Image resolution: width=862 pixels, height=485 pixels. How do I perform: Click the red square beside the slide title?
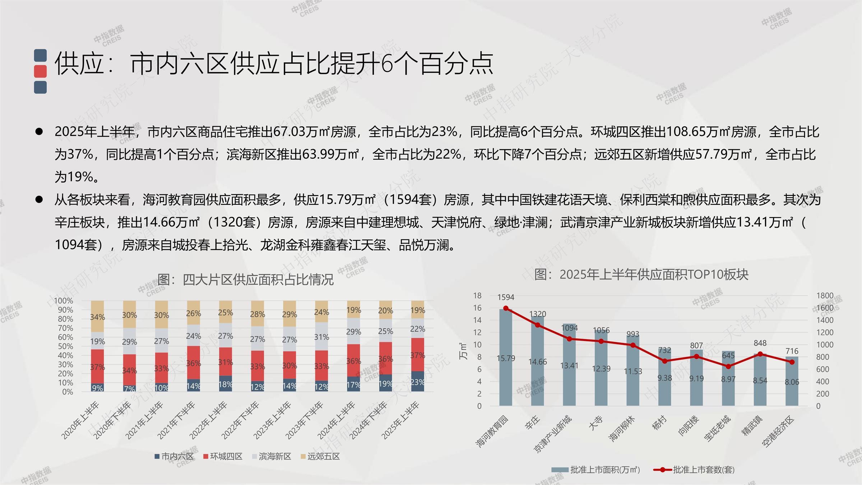(40, 71)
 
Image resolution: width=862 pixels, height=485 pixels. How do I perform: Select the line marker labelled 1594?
(506, 308)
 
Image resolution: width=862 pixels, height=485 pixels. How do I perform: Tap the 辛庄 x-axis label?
(532, 422)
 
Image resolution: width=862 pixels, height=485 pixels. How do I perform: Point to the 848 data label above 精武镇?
(760, 343)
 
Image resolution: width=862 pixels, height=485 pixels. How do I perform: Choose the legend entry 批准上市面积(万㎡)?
(596, 470)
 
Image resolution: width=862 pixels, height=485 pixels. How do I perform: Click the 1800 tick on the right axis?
(825, 296)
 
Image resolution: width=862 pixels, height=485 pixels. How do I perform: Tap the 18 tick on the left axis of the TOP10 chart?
(477, 296)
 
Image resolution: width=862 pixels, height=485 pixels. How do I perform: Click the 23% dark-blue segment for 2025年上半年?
(417, 382)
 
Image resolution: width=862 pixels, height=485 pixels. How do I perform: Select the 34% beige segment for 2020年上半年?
(97, 317)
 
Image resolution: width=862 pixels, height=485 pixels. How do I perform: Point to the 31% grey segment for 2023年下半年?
(321, 337)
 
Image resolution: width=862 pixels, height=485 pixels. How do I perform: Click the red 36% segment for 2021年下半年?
(193, 362)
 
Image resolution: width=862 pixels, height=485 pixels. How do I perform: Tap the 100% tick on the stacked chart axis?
(63, 301)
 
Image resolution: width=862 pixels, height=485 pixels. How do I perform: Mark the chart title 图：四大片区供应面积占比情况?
(246, 280)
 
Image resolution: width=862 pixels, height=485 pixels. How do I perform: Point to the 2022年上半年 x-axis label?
(209, 420)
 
